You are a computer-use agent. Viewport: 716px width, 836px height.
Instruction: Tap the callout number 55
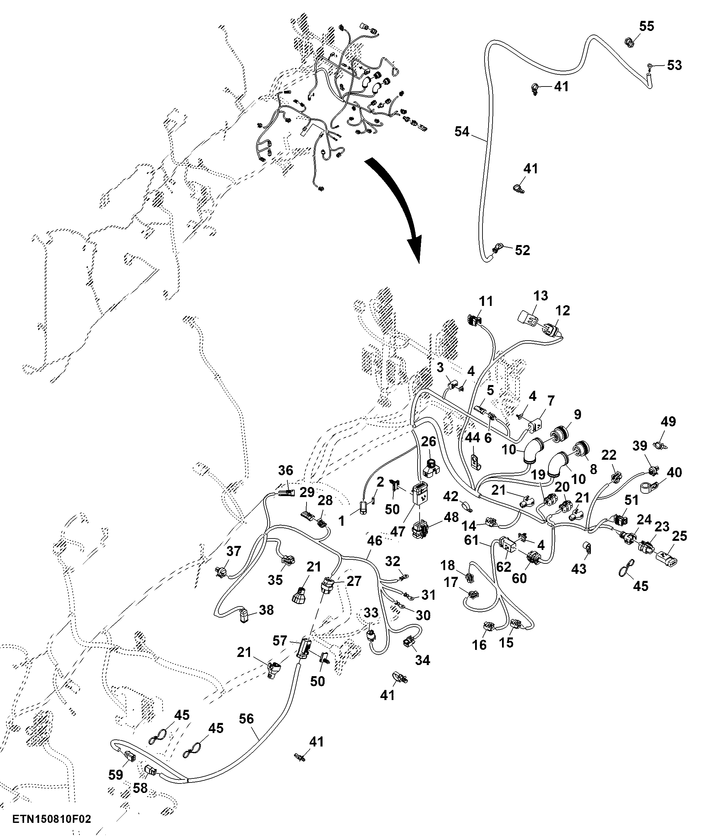click(x=647, y=26)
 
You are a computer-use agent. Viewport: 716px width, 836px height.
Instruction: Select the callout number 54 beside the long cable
click(x=462, y=132)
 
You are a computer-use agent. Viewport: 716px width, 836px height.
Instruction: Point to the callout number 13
click(x=540, y=295)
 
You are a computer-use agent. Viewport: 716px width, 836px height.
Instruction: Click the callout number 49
click(x=668, y=421)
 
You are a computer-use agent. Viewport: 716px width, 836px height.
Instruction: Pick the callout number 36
click(x=286, y=471)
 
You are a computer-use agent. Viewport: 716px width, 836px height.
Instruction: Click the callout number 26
click(x=429, y=442)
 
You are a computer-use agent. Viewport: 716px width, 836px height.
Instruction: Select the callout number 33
click(x=371, y=613)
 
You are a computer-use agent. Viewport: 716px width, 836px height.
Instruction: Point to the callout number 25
click(x=680, y=536)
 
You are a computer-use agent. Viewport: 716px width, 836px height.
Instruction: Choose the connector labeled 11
click(x=475, y=320)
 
